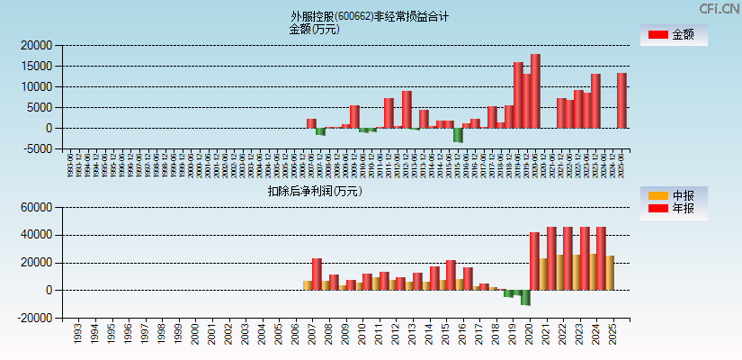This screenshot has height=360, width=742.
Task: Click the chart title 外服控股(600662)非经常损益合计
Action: (x=370, y=16)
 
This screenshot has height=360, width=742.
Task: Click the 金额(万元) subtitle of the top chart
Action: (x=314, y=29)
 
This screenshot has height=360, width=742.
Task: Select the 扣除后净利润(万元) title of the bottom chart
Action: (x=314, y=191)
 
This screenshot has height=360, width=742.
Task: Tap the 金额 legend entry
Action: (x=673, y=35)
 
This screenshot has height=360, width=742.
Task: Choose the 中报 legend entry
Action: (x=673, y=195)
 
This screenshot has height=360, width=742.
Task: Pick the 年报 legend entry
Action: (x=673, y=209)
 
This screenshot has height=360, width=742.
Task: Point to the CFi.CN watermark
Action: (x=719, y=8)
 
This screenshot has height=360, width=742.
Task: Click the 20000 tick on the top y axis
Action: (x=35, y=45)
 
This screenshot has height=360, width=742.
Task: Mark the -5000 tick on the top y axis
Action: (x=35, y=149)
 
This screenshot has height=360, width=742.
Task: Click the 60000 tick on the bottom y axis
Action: (x=35, y=208)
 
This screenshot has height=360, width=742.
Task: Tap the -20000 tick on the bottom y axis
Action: (x=33, y=319)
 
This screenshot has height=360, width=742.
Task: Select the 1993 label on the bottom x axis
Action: (x=79, y=336)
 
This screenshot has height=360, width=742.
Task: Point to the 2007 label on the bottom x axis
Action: (x=313, y=336)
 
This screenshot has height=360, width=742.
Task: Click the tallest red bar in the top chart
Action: (x=535, y=91)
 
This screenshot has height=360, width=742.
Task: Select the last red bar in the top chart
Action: (x=621, y=101)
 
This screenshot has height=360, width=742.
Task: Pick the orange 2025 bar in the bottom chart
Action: (x=610, y=273)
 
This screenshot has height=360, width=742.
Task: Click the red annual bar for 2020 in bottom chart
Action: (x=534, y=261)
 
